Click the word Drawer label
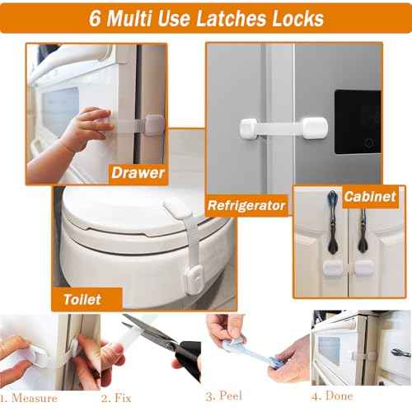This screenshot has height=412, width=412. tap(138, 173)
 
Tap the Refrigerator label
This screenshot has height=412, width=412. tap(246, 205)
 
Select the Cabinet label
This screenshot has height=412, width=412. tap(370, 197)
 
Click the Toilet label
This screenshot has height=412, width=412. tap(82, 299)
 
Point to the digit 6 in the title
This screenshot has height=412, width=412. tap(95, 19)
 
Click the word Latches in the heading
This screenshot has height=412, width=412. tap(232, 18)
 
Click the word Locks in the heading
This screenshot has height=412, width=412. tap(298, 18)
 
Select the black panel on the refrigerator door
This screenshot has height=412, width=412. tap(358, 122)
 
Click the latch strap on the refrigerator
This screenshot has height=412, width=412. tap(283, 129)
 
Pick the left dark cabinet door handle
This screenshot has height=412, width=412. tap(333, 222)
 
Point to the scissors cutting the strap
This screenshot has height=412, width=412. tap(165, 346)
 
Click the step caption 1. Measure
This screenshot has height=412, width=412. tap(29, 398)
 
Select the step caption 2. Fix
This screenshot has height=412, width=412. tap(116, 398)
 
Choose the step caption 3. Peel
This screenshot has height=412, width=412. tap(224, 396)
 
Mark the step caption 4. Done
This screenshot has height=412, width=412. tap(332, 396)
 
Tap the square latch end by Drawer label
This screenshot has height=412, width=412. tap(154, 127)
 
